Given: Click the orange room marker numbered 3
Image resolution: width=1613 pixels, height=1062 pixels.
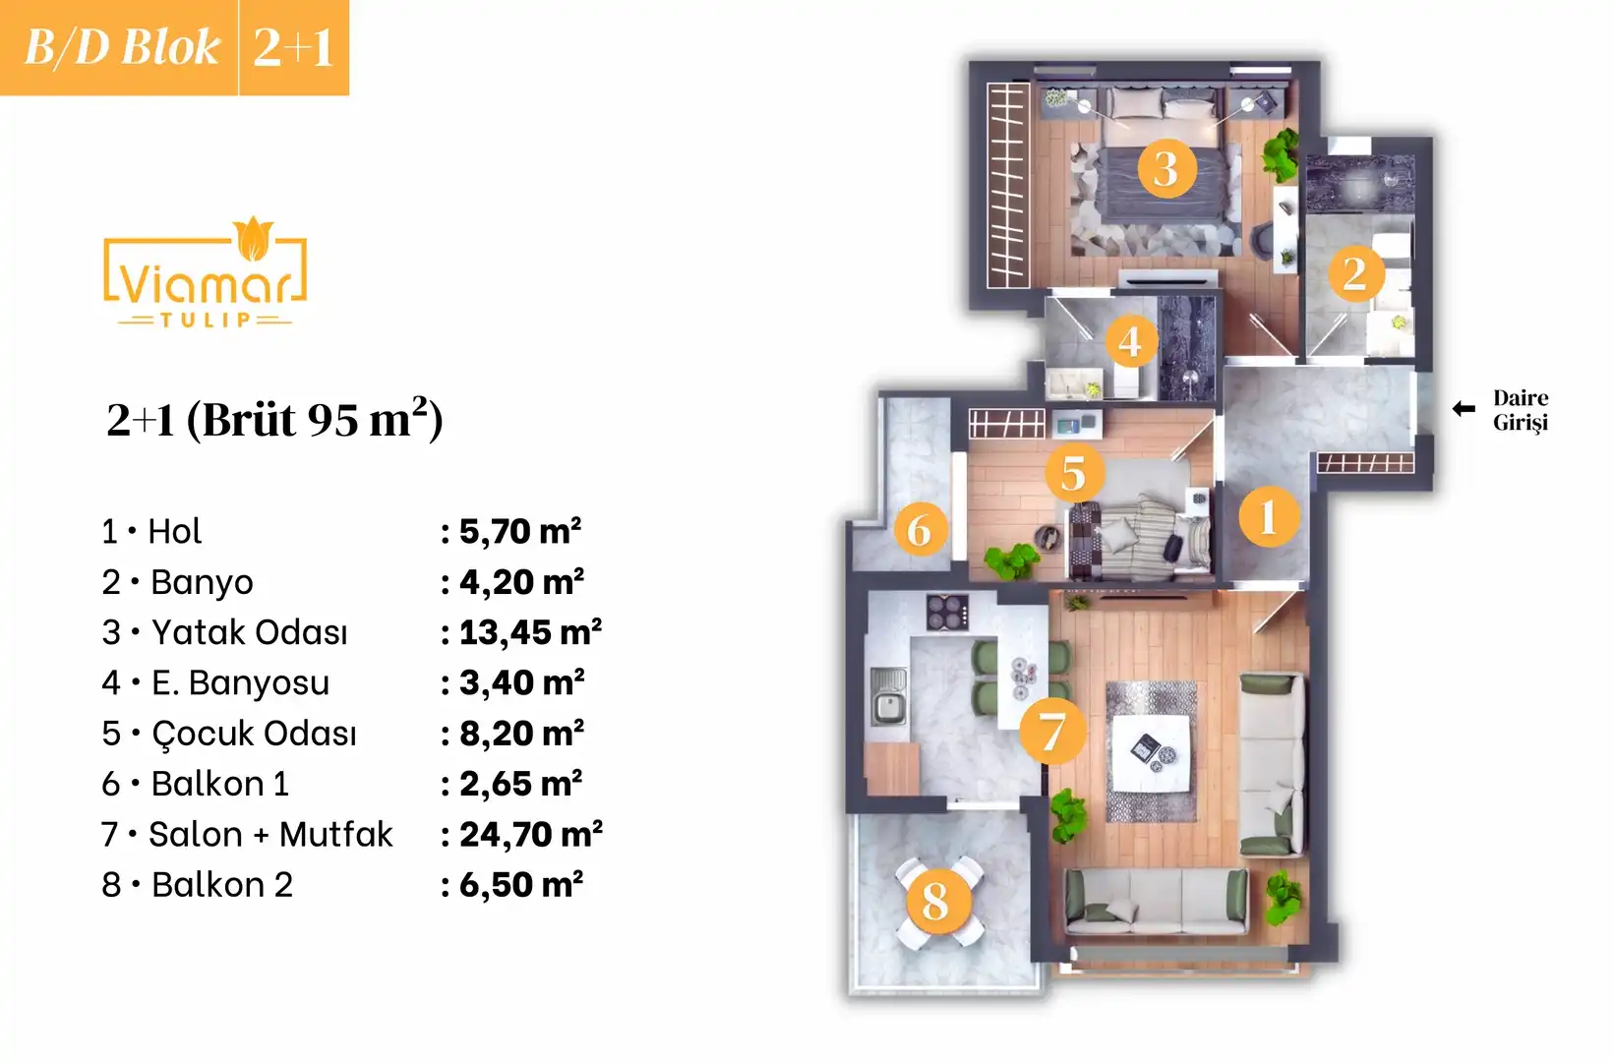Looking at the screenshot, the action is pos(1165,168).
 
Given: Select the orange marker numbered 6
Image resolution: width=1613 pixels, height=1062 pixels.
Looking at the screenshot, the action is pos(920,530).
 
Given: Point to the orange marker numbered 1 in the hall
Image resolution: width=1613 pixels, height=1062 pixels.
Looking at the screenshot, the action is pos(1268,516).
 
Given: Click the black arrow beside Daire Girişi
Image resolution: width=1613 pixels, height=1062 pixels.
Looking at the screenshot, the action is pos(1464,409).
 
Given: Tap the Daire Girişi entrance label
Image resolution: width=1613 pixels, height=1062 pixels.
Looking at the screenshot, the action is pos(1521,410).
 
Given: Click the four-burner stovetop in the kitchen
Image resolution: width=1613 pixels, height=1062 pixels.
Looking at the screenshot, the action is pos(947,612).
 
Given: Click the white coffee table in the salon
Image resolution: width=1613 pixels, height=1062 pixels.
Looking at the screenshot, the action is pos(1150,753).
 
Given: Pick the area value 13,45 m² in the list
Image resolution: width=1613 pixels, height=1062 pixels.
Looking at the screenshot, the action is pos(530,632).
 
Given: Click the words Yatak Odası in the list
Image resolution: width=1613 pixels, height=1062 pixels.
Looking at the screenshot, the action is pos(249,632).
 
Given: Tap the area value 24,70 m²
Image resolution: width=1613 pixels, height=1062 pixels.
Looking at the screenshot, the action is pos(531,834).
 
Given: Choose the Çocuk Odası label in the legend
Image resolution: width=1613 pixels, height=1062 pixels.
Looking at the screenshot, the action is pos(254,734).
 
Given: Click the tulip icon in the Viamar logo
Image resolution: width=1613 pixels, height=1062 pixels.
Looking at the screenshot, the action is pos(254,238).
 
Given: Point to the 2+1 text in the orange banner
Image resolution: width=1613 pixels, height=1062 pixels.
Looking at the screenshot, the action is pos(293,47).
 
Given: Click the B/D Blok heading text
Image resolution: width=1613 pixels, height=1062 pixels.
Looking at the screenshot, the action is pos(122,47).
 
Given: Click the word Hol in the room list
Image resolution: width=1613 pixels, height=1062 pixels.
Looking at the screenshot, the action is pos(174,531).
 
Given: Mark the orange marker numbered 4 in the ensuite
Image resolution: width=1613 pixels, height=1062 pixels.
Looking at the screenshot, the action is pos(1129,340).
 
